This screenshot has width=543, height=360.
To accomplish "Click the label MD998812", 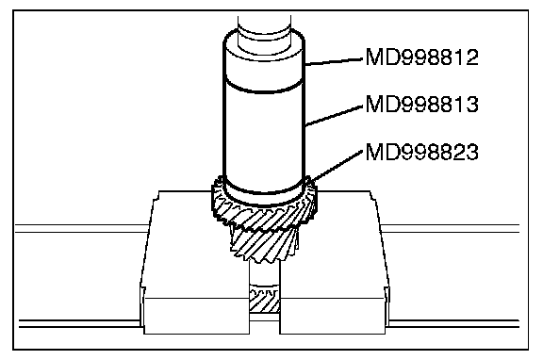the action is point(421,57).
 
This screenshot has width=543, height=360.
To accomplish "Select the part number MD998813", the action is point(421,105).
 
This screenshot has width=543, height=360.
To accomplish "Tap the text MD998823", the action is point(421,152).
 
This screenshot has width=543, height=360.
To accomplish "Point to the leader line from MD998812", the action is point(334,61).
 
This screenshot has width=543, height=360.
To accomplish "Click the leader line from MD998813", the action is point(334,115).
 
